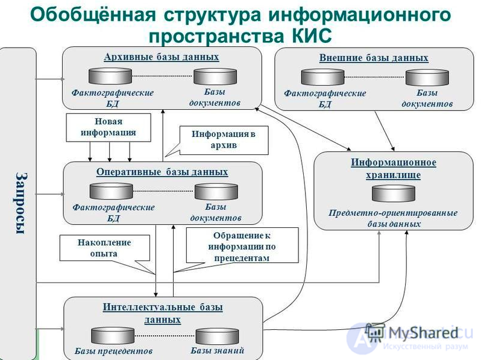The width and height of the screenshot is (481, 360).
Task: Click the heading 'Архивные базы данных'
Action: [x=161, y=57]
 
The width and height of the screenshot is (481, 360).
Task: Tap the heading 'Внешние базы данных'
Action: [x=374, y=58]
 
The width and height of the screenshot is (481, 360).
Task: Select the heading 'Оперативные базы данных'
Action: [x=162, y=172]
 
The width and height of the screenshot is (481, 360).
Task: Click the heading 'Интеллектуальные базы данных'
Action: [x=163, y=313]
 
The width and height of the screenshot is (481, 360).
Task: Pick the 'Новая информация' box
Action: [x=108, y=128]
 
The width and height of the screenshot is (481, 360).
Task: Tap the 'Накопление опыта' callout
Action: [x=104, y=248]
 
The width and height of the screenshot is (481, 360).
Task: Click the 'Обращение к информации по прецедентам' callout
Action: [x=242, y=245]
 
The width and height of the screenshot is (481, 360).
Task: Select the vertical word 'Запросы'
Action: [x=20, y=203]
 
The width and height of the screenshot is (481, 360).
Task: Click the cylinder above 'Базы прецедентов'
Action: [x=113, y=335]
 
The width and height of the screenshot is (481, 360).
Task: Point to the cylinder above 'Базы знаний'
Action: [x=217, y=336]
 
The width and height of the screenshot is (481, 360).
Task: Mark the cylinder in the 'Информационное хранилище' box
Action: [x=394, y=193]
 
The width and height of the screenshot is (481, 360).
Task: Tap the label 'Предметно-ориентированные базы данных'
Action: [x=393, y=218]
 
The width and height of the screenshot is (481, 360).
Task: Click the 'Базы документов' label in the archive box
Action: [x=215, y=98]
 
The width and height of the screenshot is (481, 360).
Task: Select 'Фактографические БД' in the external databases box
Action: [x=325, y=98]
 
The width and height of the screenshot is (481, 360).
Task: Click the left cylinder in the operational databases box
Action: [x=111, y=191]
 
